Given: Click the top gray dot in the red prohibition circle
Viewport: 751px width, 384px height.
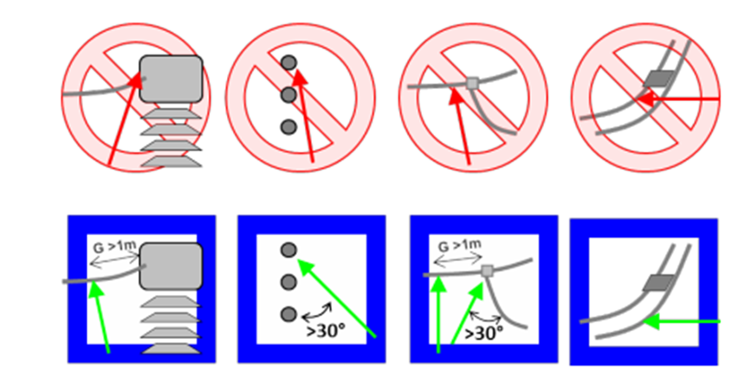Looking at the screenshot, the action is (288, 62).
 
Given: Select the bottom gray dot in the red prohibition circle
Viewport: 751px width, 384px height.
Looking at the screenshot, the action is (288, 127).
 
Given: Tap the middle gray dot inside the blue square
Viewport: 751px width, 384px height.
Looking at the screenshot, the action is (288, 282).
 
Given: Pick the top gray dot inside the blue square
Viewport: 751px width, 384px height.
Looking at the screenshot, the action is (288, 250).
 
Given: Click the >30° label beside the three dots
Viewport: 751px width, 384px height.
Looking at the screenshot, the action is (326, 330).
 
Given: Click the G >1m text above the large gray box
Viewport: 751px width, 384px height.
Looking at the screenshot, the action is (114, 246).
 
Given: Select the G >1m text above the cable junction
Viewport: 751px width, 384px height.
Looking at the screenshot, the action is (459, 246).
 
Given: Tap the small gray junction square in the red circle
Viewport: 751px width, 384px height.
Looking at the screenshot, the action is (472, 84).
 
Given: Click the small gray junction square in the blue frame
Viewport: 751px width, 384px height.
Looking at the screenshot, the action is (488, 272).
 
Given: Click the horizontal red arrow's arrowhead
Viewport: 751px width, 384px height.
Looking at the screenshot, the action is (645, 99).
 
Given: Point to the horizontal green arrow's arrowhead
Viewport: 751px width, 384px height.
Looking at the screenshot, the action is (652, 322).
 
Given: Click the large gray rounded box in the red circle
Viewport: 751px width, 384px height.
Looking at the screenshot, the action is (171, 79).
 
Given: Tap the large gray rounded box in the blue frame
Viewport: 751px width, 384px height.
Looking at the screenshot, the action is (171, 266).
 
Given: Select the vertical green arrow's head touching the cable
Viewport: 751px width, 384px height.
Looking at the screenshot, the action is (438, 285).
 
